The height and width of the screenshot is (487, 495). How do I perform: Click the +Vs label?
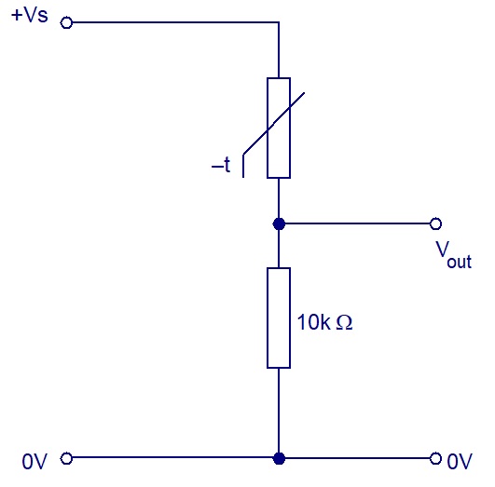(29, 15)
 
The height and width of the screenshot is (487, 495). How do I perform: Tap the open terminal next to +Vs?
(66, 22)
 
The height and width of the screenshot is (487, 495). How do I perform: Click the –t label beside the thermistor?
(221, 165)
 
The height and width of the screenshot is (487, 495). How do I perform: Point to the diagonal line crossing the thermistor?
(274, 123)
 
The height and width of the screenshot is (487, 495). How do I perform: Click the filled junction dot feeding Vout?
(279, 223)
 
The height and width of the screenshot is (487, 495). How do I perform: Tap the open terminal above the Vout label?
(435, 223)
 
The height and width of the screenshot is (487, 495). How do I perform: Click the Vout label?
(454, 255)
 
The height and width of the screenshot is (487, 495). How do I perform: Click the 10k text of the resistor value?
(313, 322)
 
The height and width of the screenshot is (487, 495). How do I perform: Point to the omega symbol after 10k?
(344, 323)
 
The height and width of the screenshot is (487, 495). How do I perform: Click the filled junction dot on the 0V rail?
(279, 458)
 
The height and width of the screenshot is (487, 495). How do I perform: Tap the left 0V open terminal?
(66, 458)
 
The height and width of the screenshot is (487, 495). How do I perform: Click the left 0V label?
(34, 462)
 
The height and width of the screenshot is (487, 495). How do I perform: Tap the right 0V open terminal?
(435, 458)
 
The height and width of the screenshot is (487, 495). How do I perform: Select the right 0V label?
(460, 462)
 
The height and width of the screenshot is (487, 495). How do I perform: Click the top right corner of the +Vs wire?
(279, 22)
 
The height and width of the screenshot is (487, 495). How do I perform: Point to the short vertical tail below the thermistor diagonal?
(243, 166)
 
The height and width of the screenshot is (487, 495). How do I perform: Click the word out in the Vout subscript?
(460, 262)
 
